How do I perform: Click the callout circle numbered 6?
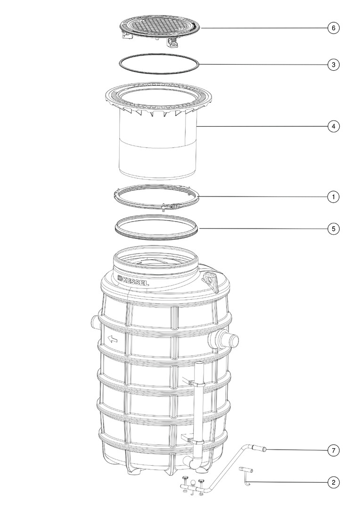[334, 28]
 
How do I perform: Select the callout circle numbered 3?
[334, 65]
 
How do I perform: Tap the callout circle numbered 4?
[334, 126]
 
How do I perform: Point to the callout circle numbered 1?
[334, 197]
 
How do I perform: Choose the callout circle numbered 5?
[334, 229]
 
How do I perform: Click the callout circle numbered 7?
[334, 450]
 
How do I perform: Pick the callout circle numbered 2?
[334, 483]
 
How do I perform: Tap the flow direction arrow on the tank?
[113, 339]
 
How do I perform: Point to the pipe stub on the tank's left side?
[94, 323]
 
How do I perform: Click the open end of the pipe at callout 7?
[264, 450]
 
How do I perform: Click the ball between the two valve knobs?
[194, 482]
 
